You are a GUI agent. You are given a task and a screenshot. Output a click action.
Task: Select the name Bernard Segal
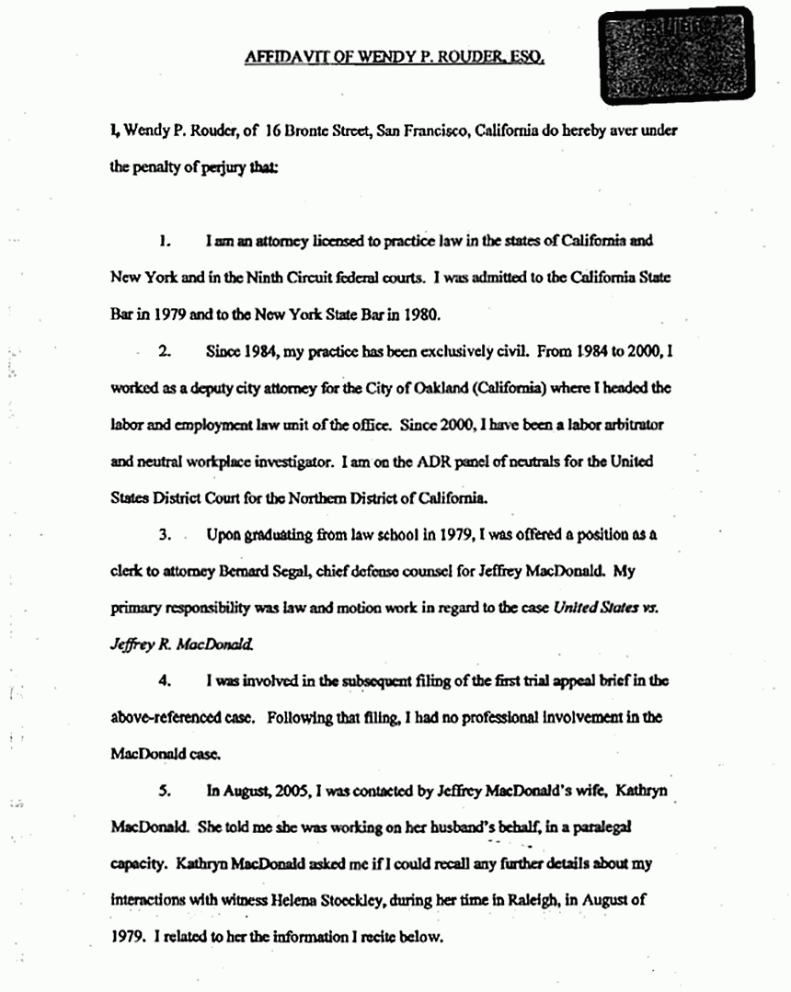(276, 571)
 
